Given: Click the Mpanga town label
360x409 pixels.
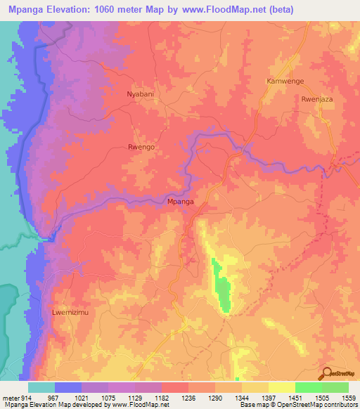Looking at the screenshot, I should point(181,202).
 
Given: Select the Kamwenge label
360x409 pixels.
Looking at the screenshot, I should point(285,82).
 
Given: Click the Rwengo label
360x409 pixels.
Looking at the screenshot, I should point(141,148).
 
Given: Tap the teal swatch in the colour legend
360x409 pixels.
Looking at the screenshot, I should point(41,387).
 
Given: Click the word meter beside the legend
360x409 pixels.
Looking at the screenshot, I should point(9,398).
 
